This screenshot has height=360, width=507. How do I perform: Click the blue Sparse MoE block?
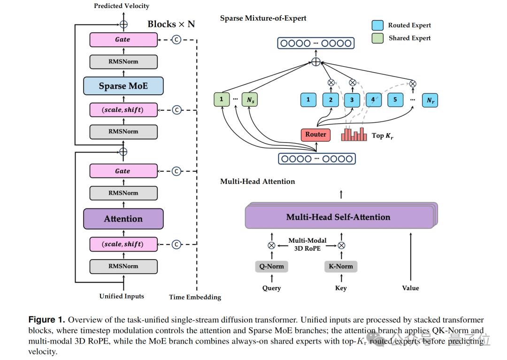coord(123,86)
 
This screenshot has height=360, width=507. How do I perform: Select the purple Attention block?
coord(123,219)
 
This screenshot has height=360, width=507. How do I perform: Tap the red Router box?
coord(315,134)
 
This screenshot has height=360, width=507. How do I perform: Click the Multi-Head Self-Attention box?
coord(339,217)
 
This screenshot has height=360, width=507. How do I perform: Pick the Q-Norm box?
coord(272,266)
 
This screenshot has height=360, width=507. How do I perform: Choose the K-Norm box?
coord(341,266)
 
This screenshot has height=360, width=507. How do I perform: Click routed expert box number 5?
coord(395,100)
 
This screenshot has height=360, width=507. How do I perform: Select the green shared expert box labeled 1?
coord(222,99)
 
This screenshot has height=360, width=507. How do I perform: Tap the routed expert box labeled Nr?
coord(430,100)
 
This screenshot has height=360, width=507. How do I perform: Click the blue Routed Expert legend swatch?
coord(377,25)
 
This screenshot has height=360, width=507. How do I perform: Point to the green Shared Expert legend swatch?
coord(377,38)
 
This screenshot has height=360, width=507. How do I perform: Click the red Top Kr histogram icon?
coord(354,134)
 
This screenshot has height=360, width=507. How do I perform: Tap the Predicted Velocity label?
coord(122,6)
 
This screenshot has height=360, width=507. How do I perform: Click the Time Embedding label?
coord(195,297)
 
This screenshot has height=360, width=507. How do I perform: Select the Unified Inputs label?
coord(122,296)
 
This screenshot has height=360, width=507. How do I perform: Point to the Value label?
coord(410,288)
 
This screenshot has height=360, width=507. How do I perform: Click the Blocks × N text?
coord(171,24)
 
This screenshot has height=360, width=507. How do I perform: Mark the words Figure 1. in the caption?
coord(46,320)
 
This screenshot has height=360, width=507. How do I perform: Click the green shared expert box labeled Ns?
coord(250,100)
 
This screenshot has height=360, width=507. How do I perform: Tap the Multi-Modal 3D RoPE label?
coord(307,245)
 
